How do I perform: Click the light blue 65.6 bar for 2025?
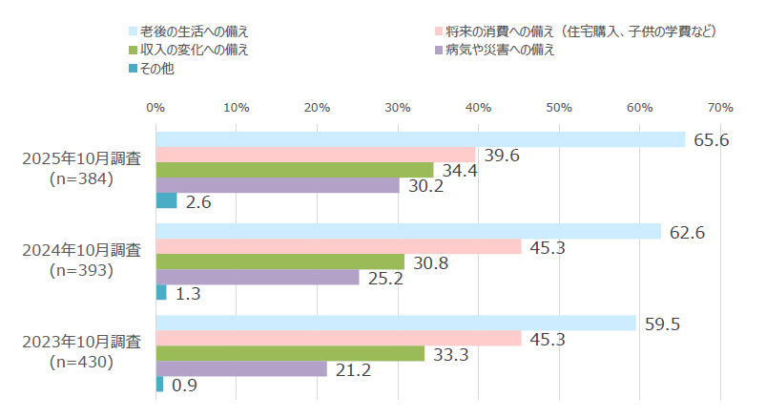420,139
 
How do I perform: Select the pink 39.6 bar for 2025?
315,155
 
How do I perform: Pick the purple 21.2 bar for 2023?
240,368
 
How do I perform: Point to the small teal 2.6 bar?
166,200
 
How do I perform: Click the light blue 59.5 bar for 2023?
395,323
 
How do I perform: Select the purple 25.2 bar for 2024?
257,277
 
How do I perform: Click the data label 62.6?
687,231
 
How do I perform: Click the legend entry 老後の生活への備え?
196,31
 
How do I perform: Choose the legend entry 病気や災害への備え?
507,49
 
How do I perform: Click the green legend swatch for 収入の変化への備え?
132,50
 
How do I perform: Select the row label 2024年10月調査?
81,250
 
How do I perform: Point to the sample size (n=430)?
81,362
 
